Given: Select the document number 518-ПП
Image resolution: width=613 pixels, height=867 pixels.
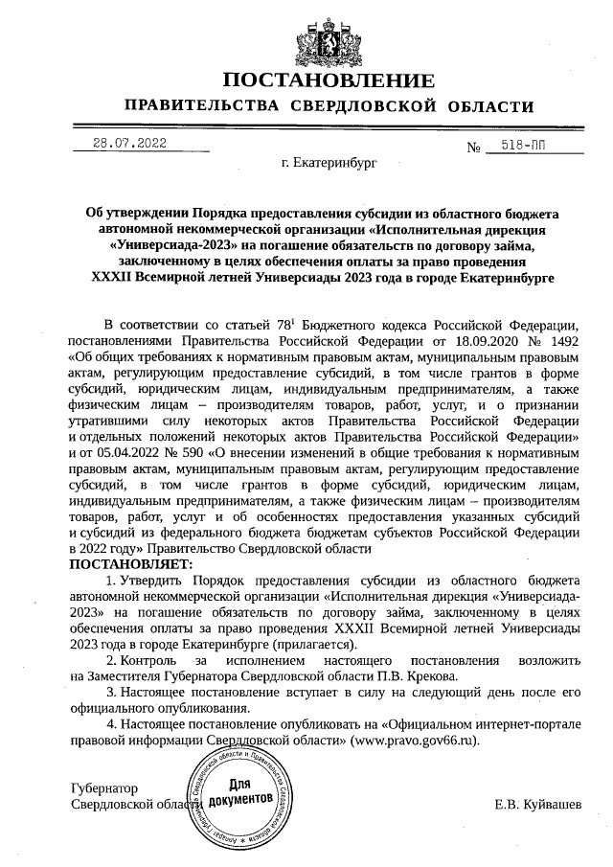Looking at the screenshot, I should pos(522,145).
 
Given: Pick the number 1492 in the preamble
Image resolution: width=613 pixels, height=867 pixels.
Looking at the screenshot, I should pos(560,343).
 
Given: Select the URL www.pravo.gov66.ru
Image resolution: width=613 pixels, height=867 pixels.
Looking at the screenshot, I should pos(413,741).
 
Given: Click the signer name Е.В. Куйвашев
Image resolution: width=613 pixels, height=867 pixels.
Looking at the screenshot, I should pos(537,803).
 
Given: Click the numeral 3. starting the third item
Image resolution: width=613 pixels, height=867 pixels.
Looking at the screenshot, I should pos(110,692).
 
